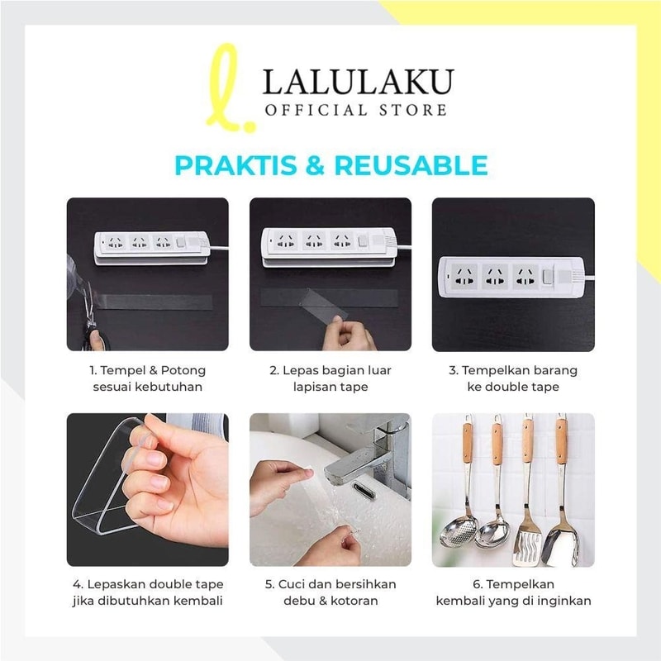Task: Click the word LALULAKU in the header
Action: (359, 81)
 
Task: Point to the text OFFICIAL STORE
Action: (356, 111)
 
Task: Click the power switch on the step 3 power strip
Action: (547, 277)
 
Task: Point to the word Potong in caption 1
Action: (183, 370)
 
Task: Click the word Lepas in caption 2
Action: (297, 370)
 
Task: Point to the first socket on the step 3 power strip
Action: (464, 277)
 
